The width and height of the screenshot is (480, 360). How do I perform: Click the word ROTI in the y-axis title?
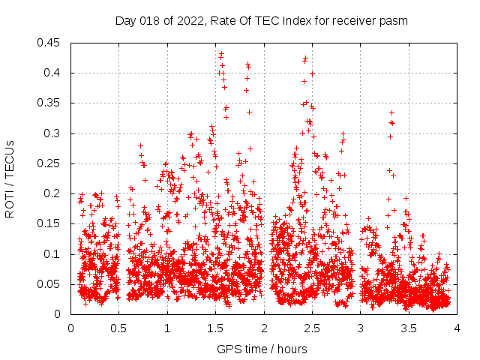(x=10, y=204)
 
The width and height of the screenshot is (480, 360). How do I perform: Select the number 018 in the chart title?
(x=150, y=20)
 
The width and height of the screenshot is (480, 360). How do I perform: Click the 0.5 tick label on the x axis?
(x=118, y=328)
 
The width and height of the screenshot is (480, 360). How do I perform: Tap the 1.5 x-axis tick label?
(x=215, y=328)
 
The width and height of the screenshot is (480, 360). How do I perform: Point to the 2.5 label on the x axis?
(x=312, y=328)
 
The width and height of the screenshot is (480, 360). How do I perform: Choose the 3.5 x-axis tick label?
(x=408, y=328)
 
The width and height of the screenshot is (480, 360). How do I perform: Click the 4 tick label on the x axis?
(x=457, y=328)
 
